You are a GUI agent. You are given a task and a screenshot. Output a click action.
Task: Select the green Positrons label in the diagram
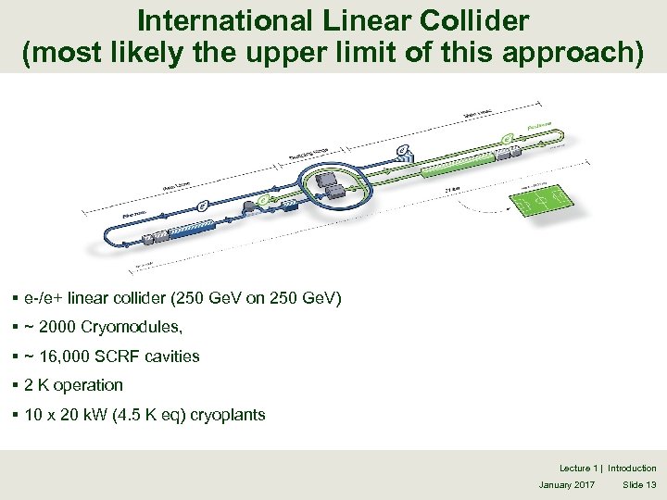(541, 124)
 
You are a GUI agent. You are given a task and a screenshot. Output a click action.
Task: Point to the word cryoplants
(228, 415)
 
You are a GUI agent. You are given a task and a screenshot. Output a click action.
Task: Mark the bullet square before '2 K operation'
(18, 385)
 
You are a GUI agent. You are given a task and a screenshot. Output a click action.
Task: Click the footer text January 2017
(567, 485)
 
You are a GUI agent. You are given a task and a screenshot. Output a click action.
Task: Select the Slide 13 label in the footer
(639, 485)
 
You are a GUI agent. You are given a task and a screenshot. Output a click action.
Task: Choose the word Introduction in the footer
(632, 469)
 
